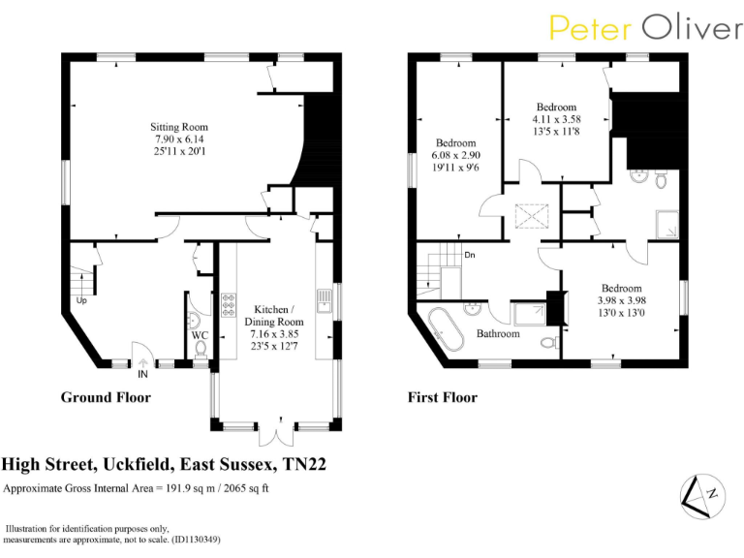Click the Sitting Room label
coord(178,127)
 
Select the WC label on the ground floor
coord(200,336)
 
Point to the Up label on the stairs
coord(81,300)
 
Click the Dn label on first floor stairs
coord(470,256)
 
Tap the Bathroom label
coord(498,334)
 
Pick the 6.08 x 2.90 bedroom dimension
coord(456,155)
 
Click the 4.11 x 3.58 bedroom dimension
coord(556,119)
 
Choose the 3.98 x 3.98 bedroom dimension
coord(621,301)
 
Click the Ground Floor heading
coord(106,397)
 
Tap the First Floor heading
coord(444,397)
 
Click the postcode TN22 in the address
coord(303,465)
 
